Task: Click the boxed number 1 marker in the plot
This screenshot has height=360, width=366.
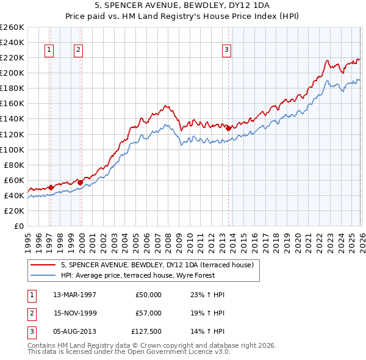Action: click(49, 51)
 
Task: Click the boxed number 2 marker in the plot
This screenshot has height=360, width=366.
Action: click(79, 51)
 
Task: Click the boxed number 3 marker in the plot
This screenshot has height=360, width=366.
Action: click(226, 51)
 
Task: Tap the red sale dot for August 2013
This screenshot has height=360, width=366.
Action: click(228, 128)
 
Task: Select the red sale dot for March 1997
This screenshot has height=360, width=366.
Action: click(51, 187)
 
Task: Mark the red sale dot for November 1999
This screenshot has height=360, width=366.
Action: click(80, 182)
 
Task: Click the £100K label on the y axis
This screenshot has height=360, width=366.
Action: click(12, 149)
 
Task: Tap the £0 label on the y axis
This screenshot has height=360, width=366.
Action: click(18, 226)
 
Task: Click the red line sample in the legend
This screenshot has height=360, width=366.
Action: click(43, 265)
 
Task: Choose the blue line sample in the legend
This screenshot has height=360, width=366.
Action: click(43, 275)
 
